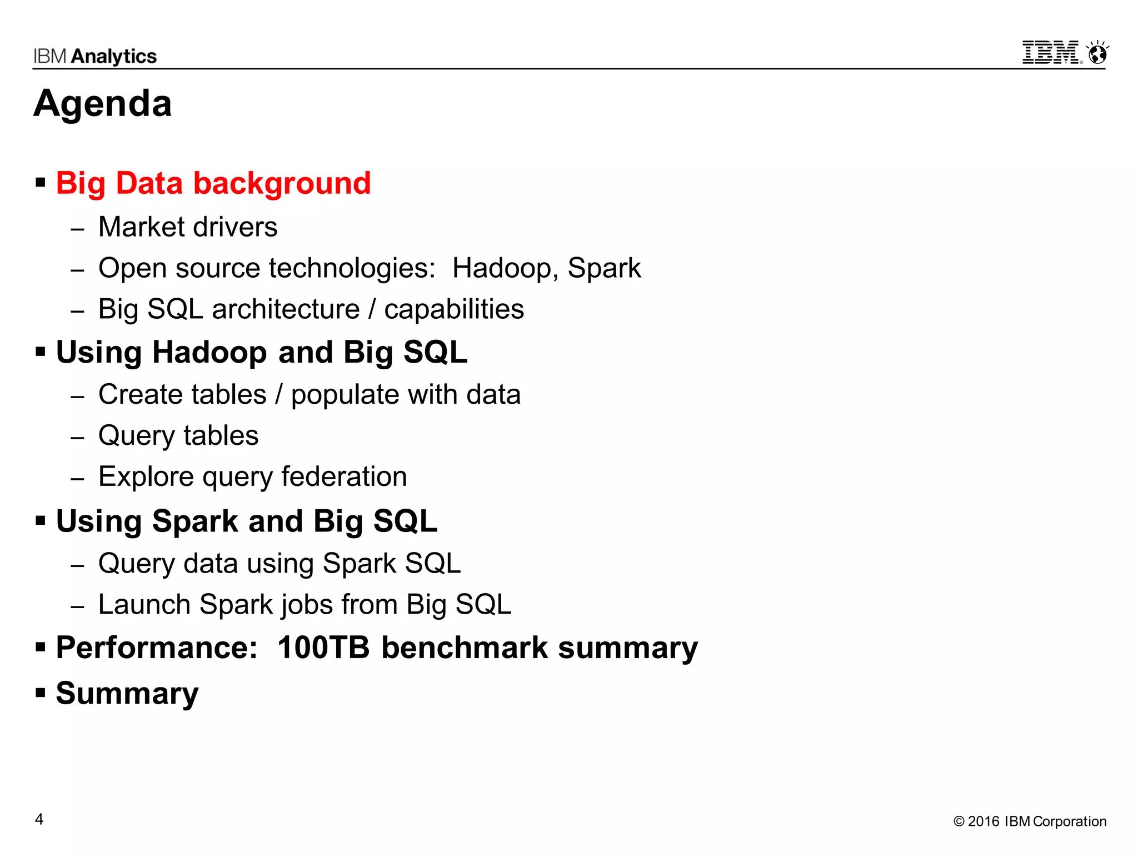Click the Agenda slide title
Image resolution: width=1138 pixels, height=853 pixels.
tap(103, 104)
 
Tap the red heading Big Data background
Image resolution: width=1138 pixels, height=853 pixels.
tap(213, 183)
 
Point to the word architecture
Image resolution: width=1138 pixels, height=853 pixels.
tap(286, 309)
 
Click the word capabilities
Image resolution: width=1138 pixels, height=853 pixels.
tap(454, 309)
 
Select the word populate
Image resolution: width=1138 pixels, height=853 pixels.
tap(344, 395)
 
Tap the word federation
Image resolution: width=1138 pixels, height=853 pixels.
tap(344, 477)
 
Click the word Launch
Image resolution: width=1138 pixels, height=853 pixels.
tap(144, 605)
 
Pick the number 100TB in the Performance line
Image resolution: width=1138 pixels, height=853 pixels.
tap(323, 648)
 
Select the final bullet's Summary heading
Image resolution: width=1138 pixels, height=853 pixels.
tap(127, 694)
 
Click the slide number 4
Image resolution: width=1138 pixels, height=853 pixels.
tap(39, 819)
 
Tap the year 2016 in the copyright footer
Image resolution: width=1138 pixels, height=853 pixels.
tap(984, 821)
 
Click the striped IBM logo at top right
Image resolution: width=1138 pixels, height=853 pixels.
tap(1051, 53)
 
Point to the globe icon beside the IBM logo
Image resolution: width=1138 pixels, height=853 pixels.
tap(1097, 53)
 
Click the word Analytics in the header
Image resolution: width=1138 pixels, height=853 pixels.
tap(114, 57)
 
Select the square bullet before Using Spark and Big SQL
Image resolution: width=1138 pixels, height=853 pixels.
tap(40, 521)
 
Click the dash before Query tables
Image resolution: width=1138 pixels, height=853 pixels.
tap(78, 438)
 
